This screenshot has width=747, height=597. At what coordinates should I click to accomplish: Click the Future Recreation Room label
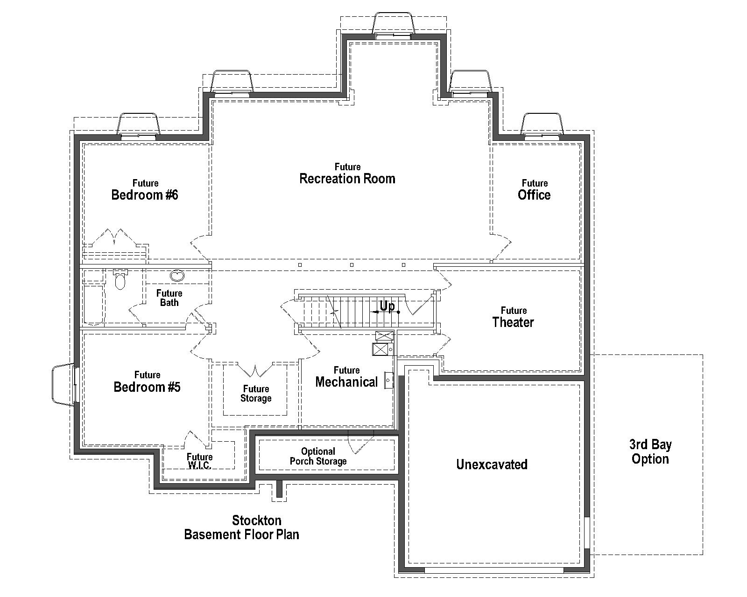tap(347, 174)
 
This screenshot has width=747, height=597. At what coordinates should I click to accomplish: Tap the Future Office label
tap(534, 190)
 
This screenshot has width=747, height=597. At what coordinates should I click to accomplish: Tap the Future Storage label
tap(256, 394)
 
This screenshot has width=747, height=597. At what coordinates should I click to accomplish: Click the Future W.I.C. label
tap(199, 461)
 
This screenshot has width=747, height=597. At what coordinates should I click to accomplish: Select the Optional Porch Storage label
tap(318, 456)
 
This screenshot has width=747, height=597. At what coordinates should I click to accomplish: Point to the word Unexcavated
tap(492, 465)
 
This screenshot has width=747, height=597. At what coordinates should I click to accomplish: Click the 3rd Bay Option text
tap(650, 451)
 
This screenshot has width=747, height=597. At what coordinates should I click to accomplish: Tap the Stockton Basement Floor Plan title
tap(242, 527)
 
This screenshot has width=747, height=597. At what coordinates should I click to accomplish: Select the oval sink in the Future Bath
tap(177, 276)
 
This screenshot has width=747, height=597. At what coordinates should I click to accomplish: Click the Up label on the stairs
tap(387, 306)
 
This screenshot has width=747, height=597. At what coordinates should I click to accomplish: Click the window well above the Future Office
tap(542, 124)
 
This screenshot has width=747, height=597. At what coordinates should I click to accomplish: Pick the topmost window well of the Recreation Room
tap(393, 23)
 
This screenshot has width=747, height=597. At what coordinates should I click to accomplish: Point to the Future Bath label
tap(169, 298)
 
